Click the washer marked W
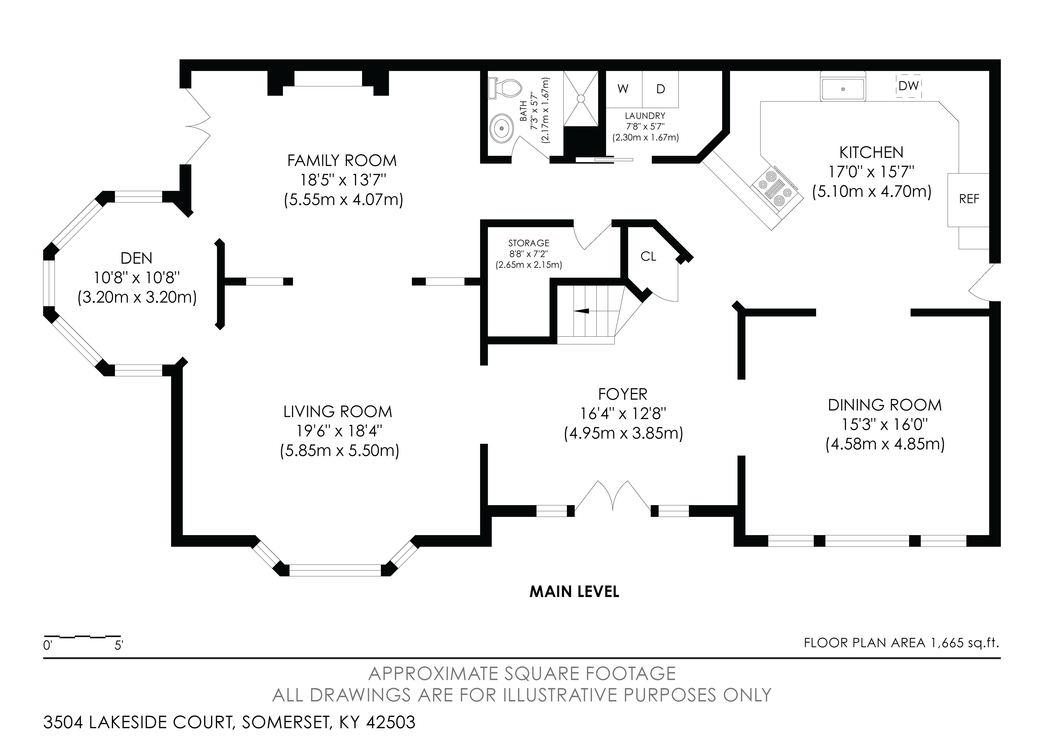click(x=623, y=89)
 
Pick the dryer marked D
click(x=660, y=89)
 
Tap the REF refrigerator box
click(x=969, y=199)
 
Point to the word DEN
click(x=136, y=258)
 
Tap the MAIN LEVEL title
click(x=574, y=592)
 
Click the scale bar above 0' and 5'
click(x=82, y=637)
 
